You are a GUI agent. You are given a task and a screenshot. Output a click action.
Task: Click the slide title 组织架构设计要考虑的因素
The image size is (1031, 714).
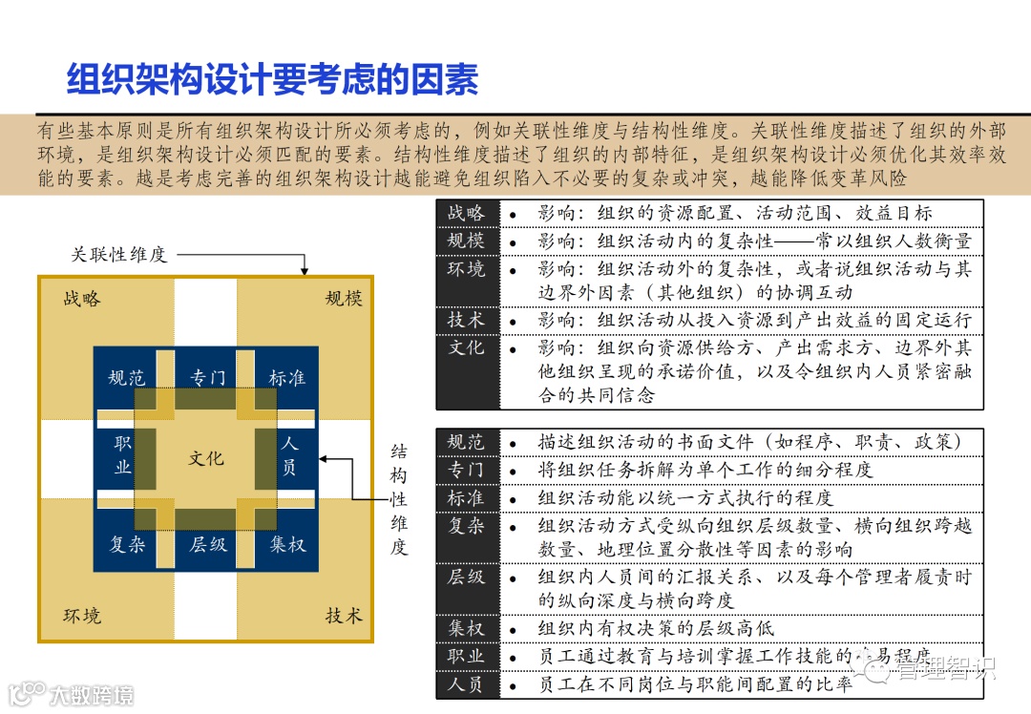tap(272, 80)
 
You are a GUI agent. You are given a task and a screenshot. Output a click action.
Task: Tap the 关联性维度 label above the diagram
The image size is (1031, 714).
tap(118, 255)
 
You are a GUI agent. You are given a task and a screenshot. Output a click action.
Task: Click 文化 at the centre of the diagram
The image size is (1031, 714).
tap(206, 458)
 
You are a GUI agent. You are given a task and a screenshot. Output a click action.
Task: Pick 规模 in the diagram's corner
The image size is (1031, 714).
tap(344, 299)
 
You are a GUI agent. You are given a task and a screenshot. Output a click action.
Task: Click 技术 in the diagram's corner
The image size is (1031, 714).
tap(344, 616)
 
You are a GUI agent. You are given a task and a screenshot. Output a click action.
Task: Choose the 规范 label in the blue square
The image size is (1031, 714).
tap(127, 378)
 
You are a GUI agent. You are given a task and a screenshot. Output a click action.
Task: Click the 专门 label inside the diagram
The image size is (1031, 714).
tap(207, 378)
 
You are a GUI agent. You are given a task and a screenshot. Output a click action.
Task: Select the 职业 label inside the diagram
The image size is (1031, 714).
tap(122, 455)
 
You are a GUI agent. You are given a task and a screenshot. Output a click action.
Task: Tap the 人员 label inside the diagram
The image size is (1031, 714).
tap(289, 455)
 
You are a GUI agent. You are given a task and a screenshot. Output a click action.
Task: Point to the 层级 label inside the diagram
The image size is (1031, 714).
tap(207, 545)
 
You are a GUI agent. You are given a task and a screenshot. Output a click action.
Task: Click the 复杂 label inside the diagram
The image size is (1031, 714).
tap(127, 545)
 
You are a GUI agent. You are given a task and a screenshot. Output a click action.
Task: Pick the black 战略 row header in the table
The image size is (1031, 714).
tap(467, 213)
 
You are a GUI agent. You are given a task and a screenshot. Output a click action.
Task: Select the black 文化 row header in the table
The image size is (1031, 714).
tap(467, 347)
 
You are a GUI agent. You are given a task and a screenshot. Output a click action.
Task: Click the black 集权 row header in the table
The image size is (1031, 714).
tap(467, 628)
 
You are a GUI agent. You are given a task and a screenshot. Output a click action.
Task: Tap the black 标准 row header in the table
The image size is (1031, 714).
tap(467, 497)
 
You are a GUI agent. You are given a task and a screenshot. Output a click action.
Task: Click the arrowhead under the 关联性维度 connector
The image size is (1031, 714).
tap(304, 271)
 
